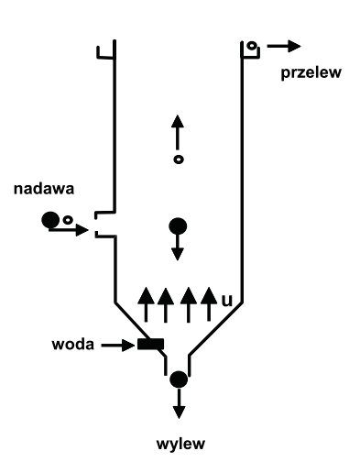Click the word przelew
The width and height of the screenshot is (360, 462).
coord(309,72)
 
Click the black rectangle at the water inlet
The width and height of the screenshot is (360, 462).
coord(150,345)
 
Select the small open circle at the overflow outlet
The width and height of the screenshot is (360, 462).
coord(252,45)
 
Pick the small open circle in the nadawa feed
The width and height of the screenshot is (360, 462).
coord(68,220)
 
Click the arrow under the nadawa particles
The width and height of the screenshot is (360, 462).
coord(70,230)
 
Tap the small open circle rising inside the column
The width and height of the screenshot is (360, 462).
coord(179,159)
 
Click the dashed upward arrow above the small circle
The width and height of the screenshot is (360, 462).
coord(179,133)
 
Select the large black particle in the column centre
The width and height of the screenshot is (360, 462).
coord(179,225)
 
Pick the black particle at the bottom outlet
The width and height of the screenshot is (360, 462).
coord(179,378)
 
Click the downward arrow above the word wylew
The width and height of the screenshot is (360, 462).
coord(179,404)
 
